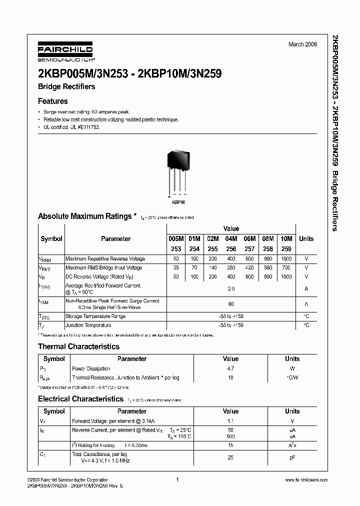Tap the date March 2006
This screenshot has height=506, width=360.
click(302, 44)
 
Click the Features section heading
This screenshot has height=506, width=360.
click(53, 101)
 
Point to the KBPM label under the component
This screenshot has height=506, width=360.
click(178, 201)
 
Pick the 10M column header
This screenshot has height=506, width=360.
click(286, 238)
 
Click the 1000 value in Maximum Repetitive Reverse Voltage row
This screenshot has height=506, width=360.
click(286, 259)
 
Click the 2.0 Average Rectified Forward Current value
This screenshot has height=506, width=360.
click(231, 289)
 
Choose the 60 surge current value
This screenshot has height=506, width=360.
click(231, 304)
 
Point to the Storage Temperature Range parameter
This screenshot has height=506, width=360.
click(95, 316)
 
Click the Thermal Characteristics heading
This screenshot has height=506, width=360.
click(79, 346)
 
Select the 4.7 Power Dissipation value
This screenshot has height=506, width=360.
click(230, 368)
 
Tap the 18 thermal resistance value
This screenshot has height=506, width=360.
click(230, 377)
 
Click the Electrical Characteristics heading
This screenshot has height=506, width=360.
click(80, 399)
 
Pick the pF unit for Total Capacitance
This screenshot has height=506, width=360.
click(292, 457)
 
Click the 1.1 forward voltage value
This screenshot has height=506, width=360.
click(230, 421)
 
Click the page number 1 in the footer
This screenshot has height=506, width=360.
click(177, 480)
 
